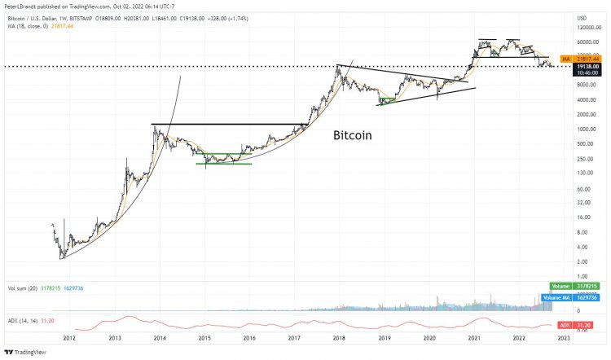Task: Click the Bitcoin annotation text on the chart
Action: tap(353, 136)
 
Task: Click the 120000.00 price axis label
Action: tap(588, 28)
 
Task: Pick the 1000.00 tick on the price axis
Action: tap(587, 130)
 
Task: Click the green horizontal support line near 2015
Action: tap(223, 164)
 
